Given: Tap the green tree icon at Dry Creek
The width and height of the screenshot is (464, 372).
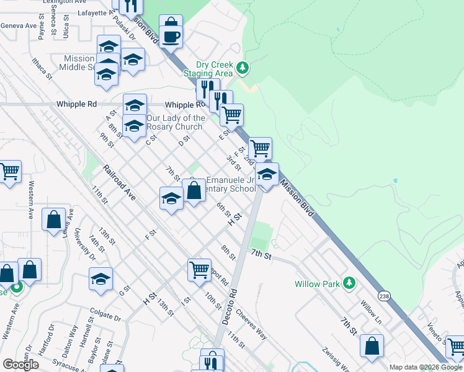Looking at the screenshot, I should [x=243, y=68].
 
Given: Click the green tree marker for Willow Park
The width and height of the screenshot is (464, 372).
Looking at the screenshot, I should [x=349, y=283].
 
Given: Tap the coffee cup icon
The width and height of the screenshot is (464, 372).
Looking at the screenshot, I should [x=171, y=37].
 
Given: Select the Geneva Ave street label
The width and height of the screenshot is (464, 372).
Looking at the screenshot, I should [x=19, y=25].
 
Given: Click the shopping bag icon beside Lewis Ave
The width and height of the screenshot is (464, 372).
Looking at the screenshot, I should [x=53, y=219].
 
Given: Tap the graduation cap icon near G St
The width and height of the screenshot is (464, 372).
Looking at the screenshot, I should [x=100, y=279].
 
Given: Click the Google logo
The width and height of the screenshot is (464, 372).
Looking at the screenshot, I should [x=20, y=365].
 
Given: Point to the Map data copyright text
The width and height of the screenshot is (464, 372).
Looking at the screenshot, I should [x=426, y=367].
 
